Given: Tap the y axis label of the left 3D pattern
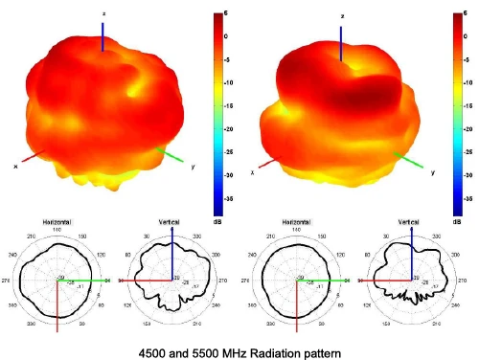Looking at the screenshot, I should tap(194, 167).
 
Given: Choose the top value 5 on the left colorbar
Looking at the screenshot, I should tap(225, 13).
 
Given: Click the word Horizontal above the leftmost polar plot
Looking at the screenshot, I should tap(57, 221).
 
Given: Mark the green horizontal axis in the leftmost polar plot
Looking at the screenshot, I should tap(86, 281).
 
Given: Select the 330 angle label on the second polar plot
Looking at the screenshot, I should tap(204, 236).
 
